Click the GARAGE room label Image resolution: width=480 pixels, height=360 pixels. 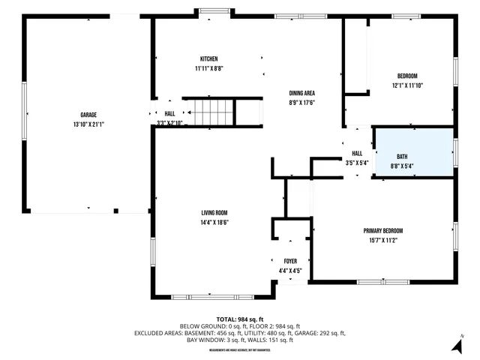tap(88, 115)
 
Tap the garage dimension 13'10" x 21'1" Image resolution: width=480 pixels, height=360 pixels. tap(88, 124)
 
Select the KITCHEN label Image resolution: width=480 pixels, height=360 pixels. tap(208, 59)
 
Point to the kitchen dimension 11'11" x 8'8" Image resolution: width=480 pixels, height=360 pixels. tap(208, 68)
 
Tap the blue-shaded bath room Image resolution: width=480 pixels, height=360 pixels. tap(414, 152)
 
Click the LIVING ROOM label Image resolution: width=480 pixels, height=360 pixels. tap(214, 213)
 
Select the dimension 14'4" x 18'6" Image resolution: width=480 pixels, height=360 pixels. tap(214, 222)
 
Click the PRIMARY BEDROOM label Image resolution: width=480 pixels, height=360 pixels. tap(383, 231)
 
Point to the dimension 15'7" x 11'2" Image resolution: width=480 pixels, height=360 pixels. tap(383, 240)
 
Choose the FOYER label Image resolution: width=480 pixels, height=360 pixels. tap(289, 261)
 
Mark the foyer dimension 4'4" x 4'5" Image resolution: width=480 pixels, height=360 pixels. tap(289, 270)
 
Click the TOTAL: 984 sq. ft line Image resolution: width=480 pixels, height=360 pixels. tap(239, 319)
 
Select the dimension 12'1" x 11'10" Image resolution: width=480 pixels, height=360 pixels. tap(407, 85)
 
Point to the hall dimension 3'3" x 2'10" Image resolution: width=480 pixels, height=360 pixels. tap(169, 122)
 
